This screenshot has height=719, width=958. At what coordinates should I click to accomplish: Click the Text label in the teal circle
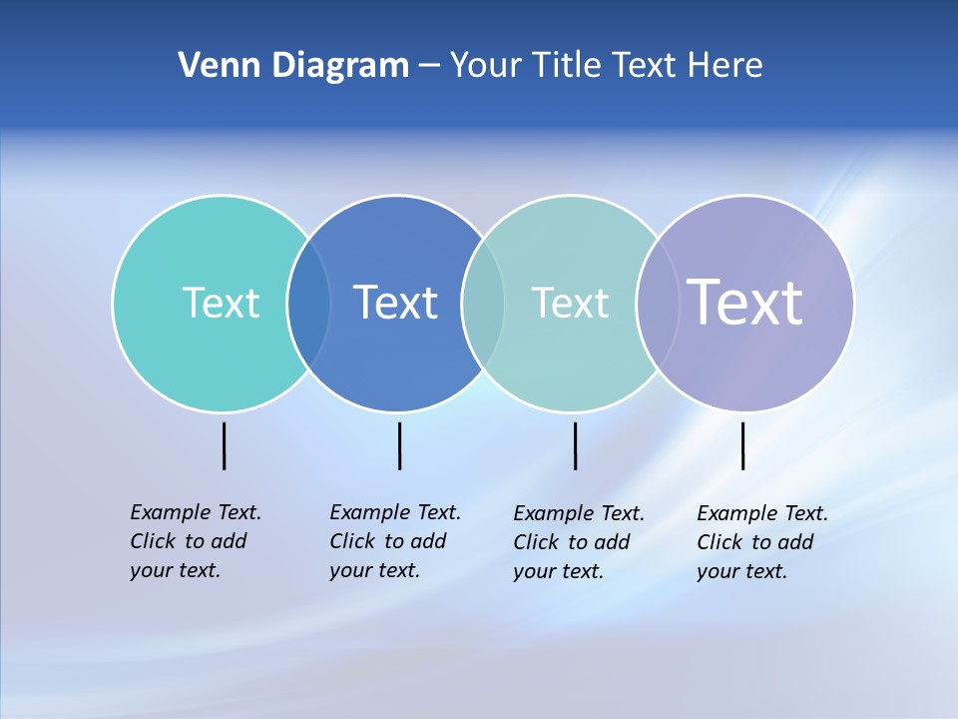click(x=221, y=303)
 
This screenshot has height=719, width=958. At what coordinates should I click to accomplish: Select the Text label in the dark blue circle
click(x=396, y=303)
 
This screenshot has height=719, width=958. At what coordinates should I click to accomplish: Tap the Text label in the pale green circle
click(x=570, y=303)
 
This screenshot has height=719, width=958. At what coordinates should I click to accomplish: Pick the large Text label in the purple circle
click(x=745, y=302)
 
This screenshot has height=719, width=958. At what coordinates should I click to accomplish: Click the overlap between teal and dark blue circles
click(x=309, y=303)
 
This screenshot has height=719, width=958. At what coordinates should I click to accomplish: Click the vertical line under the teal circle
click(x=224, y=445)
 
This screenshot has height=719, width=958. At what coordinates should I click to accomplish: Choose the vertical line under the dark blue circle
click(x=399, y=445)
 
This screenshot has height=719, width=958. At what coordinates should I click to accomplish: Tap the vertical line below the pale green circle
click(x=575, y=445)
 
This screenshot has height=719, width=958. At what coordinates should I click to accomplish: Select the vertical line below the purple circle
click(x=742, y=445)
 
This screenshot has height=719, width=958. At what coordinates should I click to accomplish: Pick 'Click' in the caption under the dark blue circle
click(x=351, y=541)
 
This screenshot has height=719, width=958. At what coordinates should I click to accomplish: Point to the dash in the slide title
click(x=429, y=66)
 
